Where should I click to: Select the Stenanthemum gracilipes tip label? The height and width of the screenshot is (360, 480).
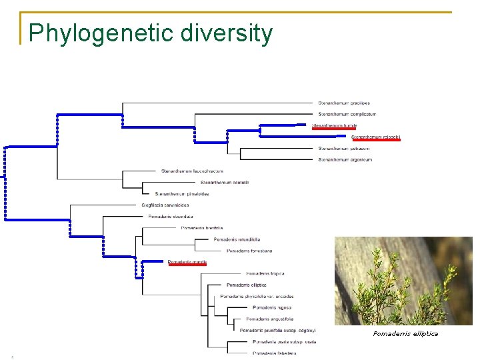click(343, 103)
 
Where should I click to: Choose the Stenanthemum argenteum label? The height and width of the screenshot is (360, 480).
click(345, 159)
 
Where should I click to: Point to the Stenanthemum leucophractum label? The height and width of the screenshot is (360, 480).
click(192, 171)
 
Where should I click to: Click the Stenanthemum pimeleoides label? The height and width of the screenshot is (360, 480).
click(182, 193)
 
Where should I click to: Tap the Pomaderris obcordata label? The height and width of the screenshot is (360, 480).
click(171, 216)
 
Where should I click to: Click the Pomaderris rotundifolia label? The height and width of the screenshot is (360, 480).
click(237, 239)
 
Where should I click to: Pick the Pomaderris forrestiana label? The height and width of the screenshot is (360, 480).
click(249, 251)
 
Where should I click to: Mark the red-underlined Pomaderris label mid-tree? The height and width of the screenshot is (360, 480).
click(187, 262)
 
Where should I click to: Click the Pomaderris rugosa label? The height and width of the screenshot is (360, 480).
click(272, 307)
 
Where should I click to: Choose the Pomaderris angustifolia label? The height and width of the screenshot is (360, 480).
click(269, 319)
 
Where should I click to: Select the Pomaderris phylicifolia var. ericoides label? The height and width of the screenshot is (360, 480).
click(257, 296)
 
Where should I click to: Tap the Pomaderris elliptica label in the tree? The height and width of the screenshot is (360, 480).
click(247, 285)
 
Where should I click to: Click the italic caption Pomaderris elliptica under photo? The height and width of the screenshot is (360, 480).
click(405, 333)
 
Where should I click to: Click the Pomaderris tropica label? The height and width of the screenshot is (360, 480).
click(265, 273)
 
